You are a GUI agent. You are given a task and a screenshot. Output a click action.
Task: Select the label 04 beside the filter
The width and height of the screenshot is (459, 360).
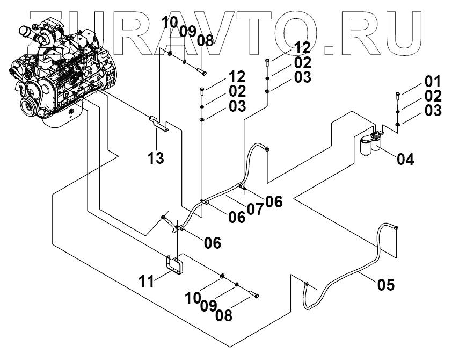pyautogui.click(x=405, y=159)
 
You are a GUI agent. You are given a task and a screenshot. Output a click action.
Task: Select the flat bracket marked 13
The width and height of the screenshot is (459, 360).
pyautogui.click(x=159, y=122)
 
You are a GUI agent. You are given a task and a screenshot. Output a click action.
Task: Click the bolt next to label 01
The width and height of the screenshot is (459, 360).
pyautogui.click(x=397, y=97)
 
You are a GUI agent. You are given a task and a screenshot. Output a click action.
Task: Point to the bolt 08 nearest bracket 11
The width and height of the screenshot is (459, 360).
pyautogui.click(x=253, y=294)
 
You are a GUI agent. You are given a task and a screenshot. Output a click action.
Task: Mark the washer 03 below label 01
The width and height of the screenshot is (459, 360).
pyautogui.click(x=397, y=125)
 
